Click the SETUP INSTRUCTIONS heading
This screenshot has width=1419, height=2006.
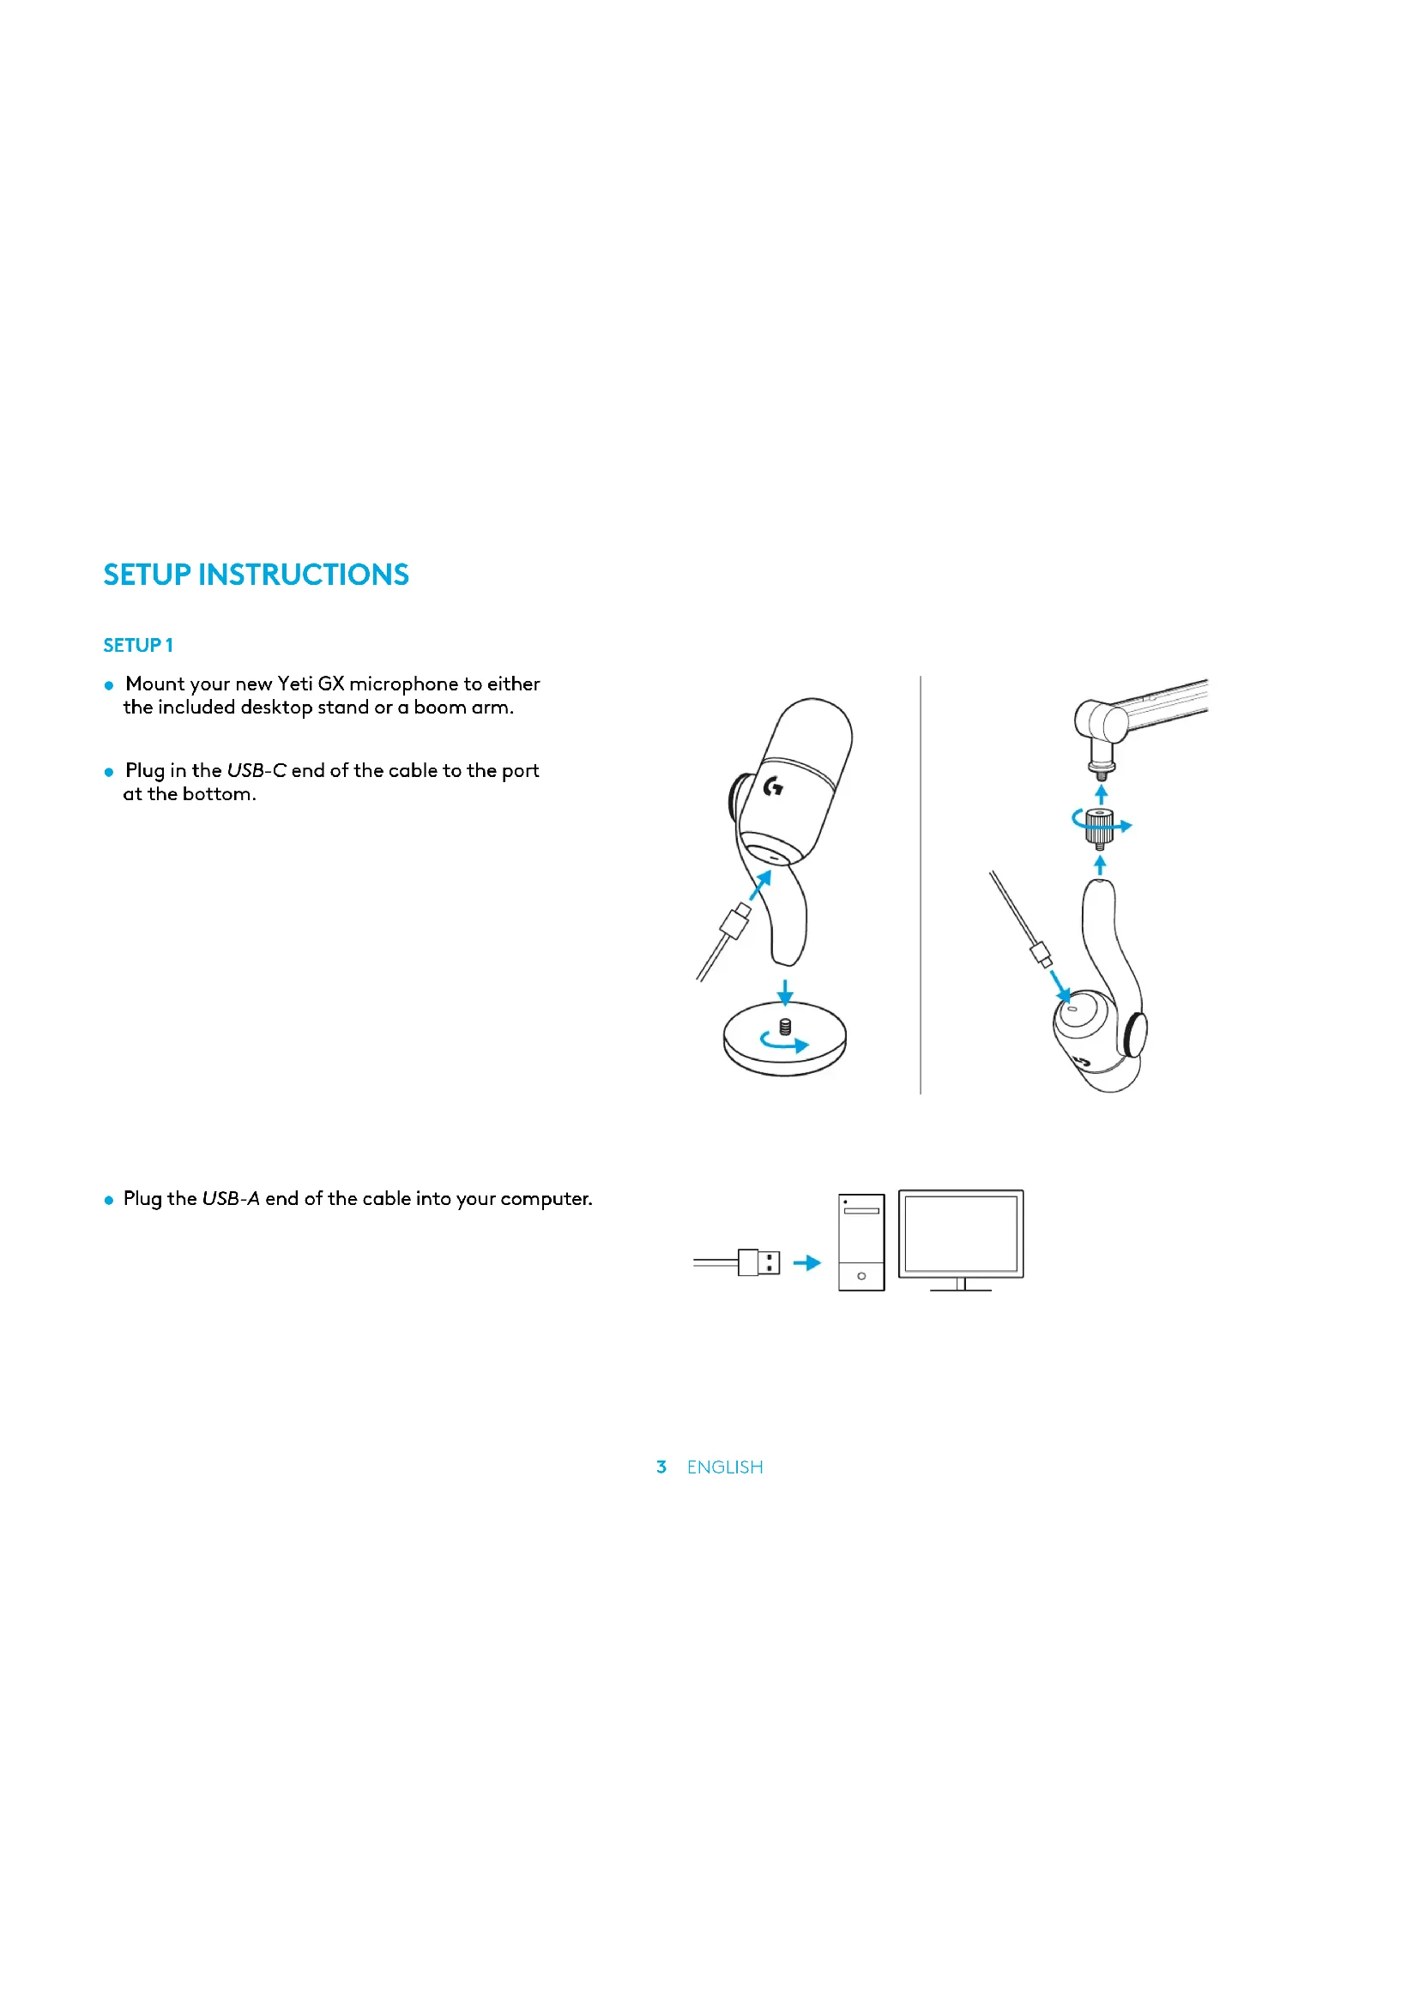click(x=256, y=575)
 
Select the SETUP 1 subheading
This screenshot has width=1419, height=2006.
click(x=138, y=646)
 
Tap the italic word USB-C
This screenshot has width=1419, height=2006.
click(x=256, y=771)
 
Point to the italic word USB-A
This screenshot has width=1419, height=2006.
click(x=231, y=1199)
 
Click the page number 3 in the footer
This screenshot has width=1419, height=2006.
click(x=661, y=1467)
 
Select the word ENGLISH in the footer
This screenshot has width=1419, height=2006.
click(x=724, y=1467)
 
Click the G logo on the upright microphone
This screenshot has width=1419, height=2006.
click(x=773, y=787)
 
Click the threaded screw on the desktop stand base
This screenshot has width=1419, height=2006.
click(x=785, y=1026)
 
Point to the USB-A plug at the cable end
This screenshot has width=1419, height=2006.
click(x=759, y=1262)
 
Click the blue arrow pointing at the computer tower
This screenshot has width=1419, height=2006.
click(x=807, y=1262)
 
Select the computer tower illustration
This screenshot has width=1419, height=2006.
click(x=860, y=1242)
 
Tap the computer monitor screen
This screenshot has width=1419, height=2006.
click(x=960, y=1233)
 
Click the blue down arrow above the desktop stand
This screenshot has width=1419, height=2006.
click(x=785, y=992)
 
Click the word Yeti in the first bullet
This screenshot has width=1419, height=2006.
click(x=294, y=684)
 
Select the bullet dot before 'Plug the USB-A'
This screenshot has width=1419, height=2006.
click(x=109, y=1201)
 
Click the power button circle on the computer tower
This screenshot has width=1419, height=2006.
click(x=861, y=1276)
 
